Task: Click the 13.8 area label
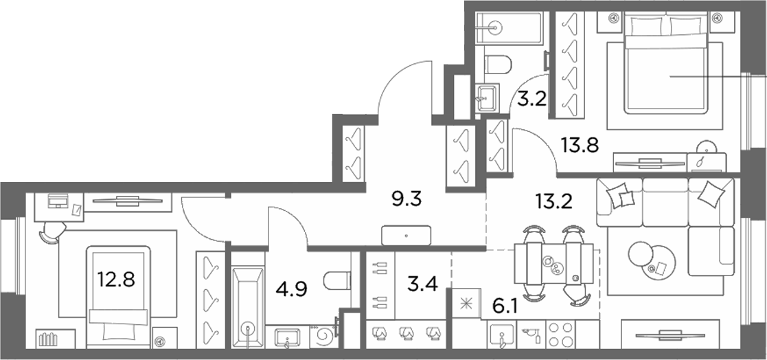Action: (580, 145)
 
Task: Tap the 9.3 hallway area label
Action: (407, 199)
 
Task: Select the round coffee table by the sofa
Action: (651, 261)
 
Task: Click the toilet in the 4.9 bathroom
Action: (337, 281)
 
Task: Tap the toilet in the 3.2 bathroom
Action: (497, 64)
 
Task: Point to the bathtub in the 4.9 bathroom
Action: (247, 300)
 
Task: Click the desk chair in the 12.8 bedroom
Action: (52, 231)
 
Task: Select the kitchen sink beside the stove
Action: (502, 335)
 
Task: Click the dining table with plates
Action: (553, 264)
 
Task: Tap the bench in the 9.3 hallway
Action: (407, 235)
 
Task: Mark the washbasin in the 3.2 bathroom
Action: (488, 98)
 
